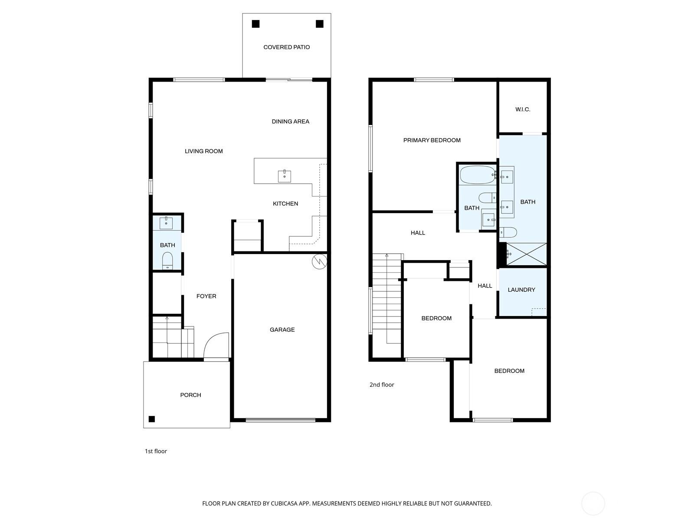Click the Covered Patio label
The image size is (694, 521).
coord(286,47)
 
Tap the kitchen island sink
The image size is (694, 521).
coord(284,176)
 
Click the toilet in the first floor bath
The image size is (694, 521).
coord(167,261)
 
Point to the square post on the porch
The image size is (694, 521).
coord(152,419)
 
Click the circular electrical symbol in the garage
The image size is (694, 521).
coord(319,261)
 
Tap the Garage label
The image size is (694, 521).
coord(282,330)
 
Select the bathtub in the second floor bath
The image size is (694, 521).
coord(477,175)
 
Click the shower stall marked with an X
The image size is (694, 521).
coord(526,254)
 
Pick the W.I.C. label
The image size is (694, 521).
coord(523,109)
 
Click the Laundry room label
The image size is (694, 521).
coord(521,290)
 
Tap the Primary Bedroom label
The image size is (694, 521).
coord(432,140)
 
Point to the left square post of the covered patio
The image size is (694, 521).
coord(255,24)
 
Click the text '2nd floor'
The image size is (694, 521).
coord(382,385)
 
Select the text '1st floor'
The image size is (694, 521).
coord(156,451)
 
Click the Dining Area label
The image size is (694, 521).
coord(290,122)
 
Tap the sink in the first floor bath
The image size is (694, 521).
coord(166,223)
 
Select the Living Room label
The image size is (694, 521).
coord(203,151)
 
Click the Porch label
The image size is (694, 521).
coord(190,395)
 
